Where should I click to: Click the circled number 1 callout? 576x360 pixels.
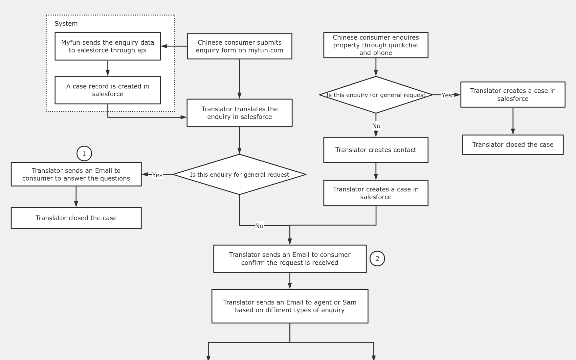84,154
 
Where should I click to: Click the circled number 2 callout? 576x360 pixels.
377,259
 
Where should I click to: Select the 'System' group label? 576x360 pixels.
66,24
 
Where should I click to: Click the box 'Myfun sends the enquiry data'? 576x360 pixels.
107,46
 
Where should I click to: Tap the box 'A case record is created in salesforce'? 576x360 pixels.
107,90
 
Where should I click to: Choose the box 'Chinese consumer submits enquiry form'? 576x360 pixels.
239,46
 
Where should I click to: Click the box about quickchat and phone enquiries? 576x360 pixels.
376,45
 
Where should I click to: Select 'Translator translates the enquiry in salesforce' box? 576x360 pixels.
239,113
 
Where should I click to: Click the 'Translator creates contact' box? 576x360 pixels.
376,150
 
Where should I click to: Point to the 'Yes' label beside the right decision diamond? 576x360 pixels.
446,95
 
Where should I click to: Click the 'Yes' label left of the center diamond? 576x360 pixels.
157,175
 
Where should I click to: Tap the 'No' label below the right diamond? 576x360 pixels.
376,126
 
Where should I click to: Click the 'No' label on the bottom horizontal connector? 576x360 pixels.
259,226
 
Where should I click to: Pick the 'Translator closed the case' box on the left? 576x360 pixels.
76,218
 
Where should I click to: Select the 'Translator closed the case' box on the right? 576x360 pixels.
513,145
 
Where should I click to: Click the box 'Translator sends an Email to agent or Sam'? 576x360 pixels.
289,306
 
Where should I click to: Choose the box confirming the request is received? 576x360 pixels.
289,259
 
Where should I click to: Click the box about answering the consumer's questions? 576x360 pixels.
76,174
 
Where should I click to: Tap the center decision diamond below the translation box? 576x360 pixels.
239,175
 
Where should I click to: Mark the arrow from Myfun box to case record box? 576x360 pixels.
108,68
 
